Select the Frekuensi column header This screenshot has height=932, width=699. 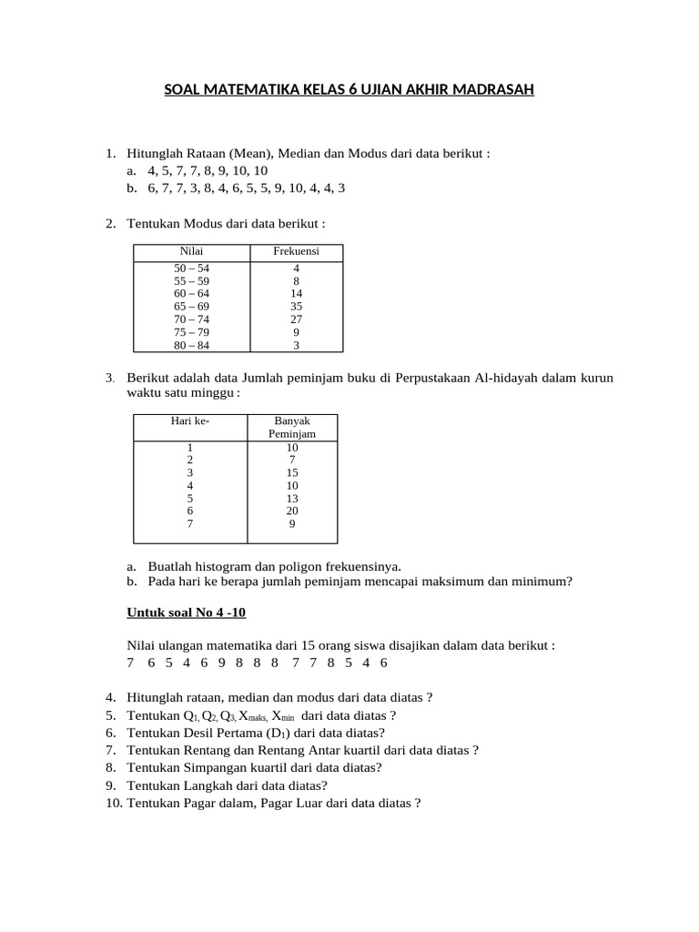pos(296,250)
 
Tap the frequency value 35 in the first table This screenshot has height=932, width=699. pos(296,307)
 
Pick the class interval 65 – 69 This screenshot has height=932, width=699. pos(191,307)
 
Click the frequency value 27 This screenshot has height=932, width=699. pos(296,319)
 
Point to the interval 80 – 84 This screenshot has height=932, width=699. pos(191,345)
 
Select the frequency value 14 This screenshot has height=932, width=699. pos(296,294)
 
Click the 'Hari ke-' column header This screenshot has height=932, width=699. pos(189,421)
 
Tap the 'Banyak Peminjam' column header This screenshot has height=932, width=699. pos(292,428)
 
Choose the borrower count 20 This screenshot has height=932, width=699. pos(292,511)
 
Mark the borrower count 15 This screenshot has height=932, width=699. pos(292,472)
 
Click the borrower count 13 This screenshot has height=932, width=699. pos(292,498)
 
